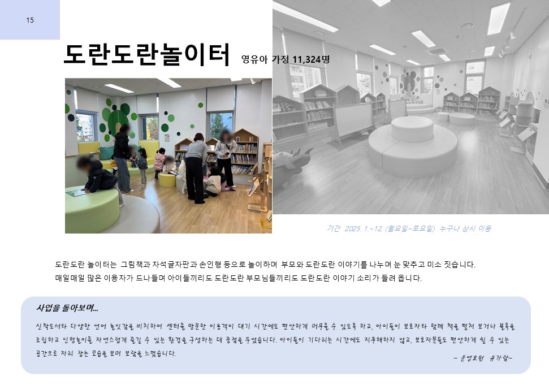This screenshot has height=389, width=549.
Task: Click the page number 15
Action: point(30,20)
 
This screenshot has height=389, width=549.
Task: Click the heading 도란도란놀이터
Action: point(146,55)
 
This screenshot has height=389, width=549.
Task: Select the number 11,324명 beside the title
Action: point(311,59)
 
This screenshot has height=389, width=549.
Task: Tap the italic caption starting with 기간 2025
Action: point(409,228)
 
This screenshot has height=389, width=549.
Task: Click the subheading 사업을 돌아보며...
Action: point(67,308)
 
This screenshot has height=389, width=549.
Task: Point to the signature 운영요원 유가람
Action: point(483,358)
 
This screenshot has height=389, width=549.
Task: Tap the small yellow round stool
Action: point(167,180)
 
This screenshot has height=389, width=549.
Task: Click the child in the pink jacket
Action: point(159,163)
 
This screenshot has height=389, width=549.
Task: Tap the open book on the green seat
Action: point(76,192)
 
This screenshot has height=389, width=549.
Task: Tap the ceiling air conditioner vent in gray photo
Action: point(436,51)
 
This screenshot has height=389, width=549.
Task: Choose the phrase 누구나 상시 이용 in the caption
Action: point(465,228)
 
